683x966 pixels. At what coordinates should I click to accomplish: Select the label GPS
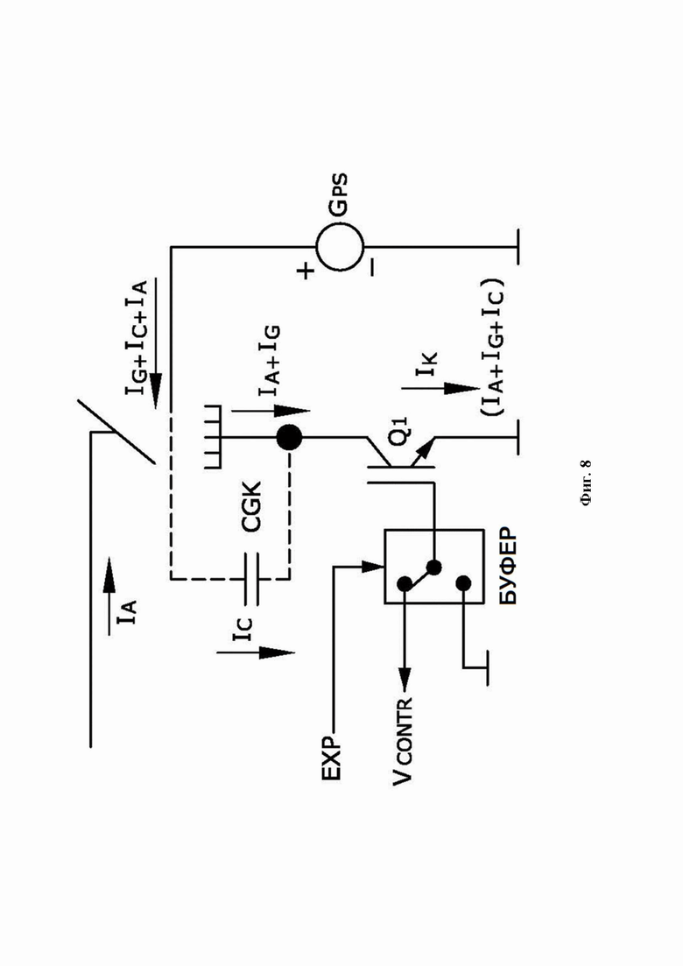point(339,196)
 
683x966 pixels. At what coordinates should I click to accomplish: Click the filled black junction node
point(289,438)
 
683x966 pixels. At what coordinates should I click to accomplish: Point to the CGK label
point(251,507)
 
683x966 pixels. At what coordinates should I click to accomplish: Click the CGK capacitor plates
point(251,579)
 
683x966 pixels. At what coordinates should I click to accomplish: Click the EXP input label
point(331,758)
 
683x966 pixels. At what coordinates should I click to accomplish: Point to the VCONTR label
point(404,741)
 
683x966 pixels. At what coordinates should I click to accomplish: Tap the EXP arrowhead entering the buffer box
point(375,566)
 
